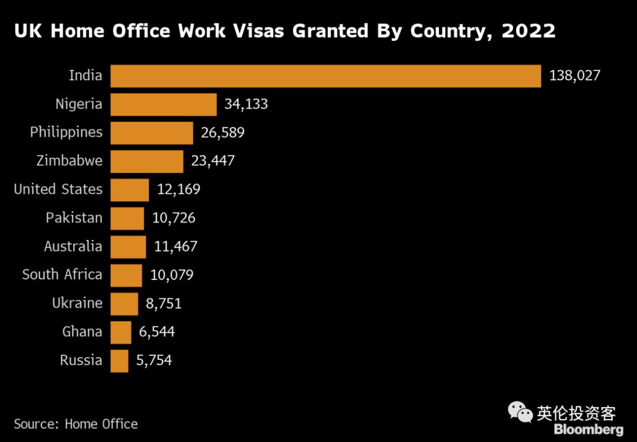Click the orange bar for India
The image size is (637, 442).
click(326, 76)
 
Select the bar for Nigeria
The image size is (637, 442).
click(163, 104)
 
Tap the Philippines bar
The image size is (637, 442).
click(152, 132)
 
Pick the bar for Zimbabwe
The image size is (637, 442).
click(147, 161)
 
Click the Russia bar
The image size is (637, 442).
click(119, 360)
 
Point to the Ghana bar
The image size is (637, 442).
click(121, 332)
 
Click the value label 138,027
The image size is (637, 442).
click(574, 76)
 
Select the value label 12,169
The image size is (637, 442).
click(178, 190)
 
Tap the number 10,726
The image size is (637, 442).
click(173, 218)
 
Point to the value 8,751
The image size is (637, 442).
click(163, 304)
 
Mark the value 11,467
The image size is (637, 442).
click(175, 246)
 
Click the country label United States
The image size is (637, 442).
click(58, 190)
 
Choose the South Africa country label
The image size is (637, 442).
click(62, 275)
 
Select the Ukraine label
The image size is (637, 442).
click(77, 304)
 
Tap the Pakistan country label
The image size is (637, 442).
click(74, 218)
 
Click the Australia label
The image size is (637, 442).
click(73, 246)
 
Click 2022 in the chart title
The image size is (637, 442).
click(528, 31)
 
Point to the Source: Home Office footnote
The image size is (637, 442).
click(75, 424)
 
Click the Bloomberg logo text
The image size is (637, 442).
click(588, 430)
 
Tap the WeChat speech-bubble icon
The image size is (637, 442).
click(520, 412)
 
